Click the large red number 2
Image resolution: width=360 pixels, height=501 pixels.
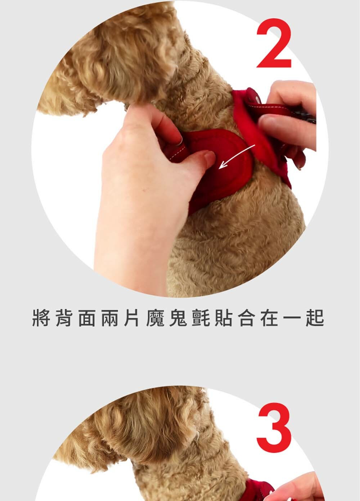[274, 43]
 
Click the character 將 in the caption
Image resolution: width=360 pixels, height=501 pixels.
[41, 318]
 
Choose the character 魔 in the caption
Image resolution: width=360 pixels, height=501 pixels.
[155, 318]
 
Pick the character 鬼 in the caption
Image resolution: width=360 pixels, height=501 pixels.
[178, 318]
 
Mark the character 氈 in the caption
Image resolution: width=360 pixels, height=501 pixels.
[201, 318]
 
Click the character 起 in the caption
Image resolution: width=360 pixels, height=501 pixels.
[315, 318]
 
